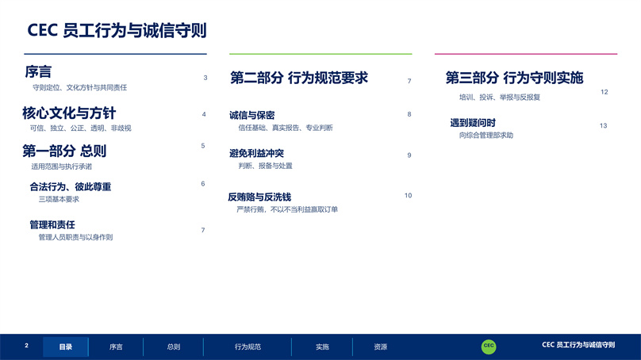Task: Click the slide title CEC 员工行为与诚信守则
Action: (x=117, y=31)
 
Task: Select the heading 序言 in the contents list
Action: (x=38, y=72)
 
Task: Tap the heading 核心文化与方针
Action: (x=69, y=113)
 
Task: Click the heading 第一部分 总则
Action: (x=64, y=151)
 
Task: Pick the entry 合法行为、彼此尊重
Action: (x=71, y=187)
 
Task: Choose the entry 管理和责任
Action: (x=52, y=224)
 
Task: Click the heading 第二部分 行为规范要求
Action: (x=299, y=78)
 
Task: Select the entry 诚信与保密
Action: (x=251, y=115)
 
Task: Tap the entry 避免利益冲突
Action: (x=256, y=153)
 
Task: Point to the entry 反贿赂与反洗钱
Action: (x=259, y=197)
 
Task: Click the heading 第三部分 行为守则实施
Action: (x=514, y=78)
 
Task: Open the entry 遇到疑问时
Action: (x=473, y=123)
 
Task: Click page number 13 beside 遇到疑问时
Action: (x=604, y=125)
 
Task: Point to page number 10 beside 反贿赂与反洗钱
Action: (x=408, y=195)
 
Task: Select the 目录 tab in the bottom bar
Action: (x=65, y=347)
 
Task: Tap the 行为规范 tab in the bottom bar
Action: (x=248, y=347)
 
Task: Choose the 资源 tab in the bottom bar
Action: (x=381, y=347)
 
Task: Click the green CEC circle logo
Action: (x=489, y=347)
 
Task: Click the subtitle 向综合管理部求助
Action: (x=486, y=136)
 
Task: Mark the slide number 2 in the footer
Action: (x=26, y=346)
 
